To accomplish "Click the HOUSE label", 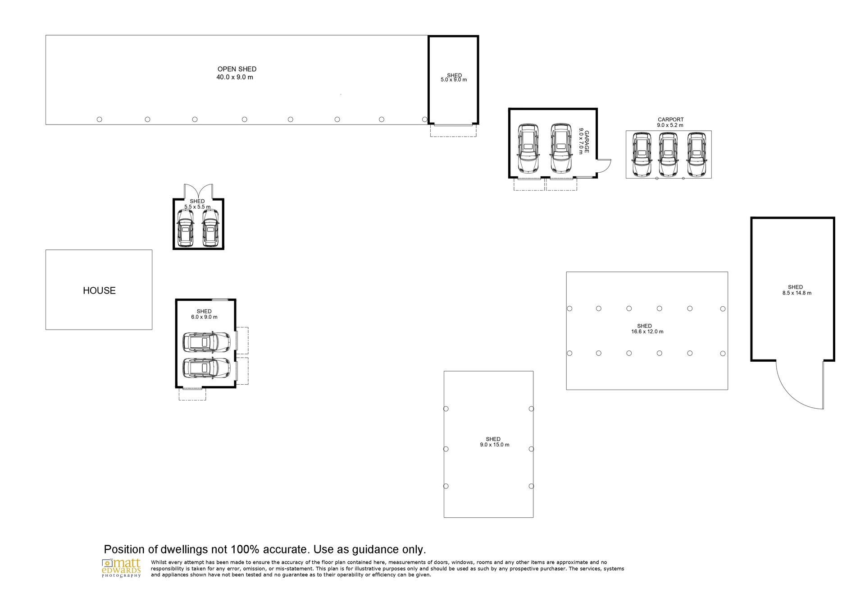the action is click(99, 290).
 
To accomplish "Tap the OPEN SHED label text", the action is click(237, 69).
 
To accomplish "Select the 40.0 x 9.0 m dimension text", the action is click(235, 77).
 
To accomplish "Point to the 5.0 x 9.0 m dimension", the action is click(454, 80).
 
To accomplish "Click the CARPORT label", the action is click(671, 120).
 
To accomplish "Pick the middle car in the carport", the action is click(668, 154).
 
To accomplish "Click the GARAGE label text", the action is click(587, 142).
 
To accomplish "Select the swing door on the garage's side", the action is click(603, 166).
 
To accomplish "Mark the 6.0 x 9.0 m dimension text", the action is click(204, 317).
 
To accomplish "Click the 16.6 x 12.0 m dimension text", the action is click(647, 331).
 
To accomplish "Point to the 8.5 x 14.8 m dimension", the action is click(797, 293).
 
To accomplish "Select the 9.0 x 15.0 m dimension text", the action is click(495, 445).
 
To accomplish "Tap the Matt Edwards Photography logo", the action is click(122, 568).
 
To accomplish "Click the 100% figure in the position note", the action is click(245, 549).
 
